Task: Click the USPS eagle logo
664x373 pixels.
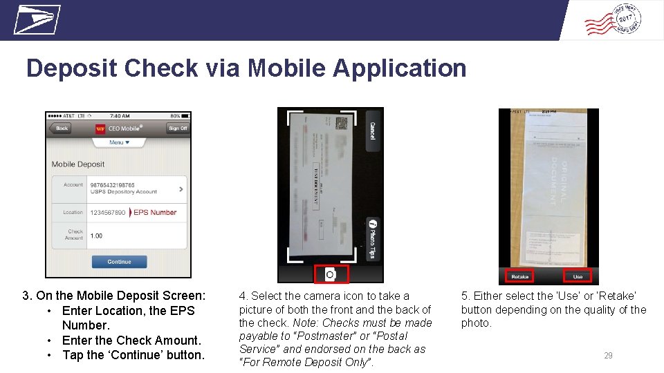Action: point(37,19)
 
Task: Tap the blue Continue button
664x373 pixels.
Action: point(119,262)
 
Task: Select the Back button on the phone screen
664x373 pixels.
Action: point(62,128)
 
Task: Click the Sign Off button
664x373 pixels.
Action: point(178,128)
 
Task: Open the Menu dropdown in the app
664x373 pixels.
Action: point(119,142)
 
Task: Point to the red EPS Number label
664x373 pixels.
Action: point(155,212)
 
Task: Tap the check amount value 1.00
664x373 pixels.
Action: point(96,236)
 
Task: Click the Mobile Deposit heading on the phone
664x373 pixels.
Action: point(78,164)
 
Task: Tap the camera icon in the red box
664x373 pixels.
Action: point(331,274)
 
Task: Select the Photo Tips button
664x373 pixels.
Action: point(372,239)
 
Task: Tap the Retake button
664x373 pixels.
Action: point(519,276)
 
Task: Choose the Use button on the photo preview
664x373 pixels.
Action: point(578,276)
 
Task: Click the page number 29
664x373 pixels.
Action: point(608,356)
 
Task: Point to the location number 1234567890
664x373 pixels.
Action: point(108,212)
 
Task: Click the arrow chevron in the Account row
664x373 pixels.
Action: point(181,188)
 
